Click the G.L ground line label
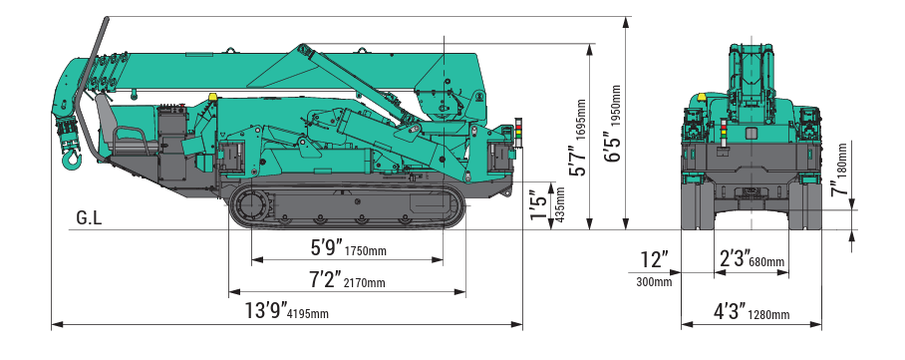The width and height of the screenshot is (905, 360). click(x=89, y=217)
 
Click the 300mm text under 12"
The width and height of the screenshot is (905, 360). click(x=654, y=282)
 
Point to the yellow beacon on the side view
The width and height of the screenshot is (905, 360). click(x=212, y=96)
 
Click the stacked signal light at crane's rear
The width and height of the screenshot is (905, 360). click(x=516, y=131)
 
